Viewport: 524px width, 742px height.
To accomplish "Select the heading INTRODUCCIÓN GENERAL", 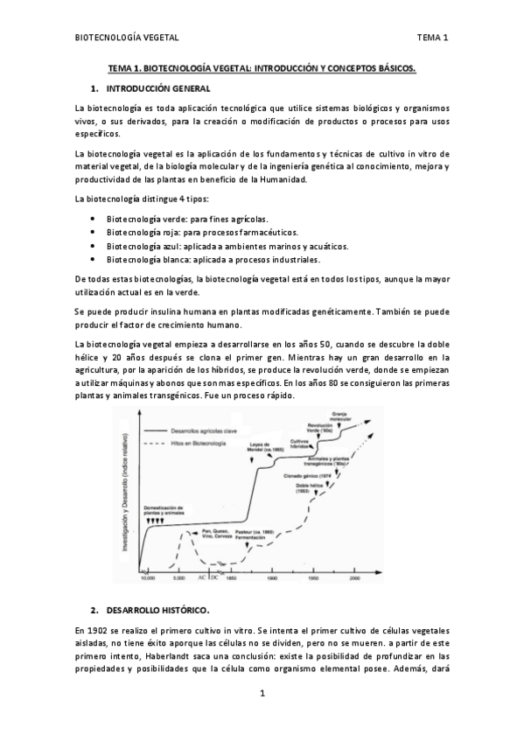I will (x=157, y=89).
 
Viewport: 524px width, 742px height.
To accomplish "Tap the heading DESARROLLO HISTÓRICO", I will (x=158, y=608).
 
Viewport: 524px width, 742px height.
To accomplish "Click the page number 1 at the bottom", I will (x=262, y=694).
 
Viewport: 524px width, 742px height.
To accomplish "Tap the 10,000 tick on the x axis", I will (x=148, y=578).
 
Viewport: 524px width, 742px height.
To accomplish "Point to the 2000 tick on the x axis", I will (x=355, y=578).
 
